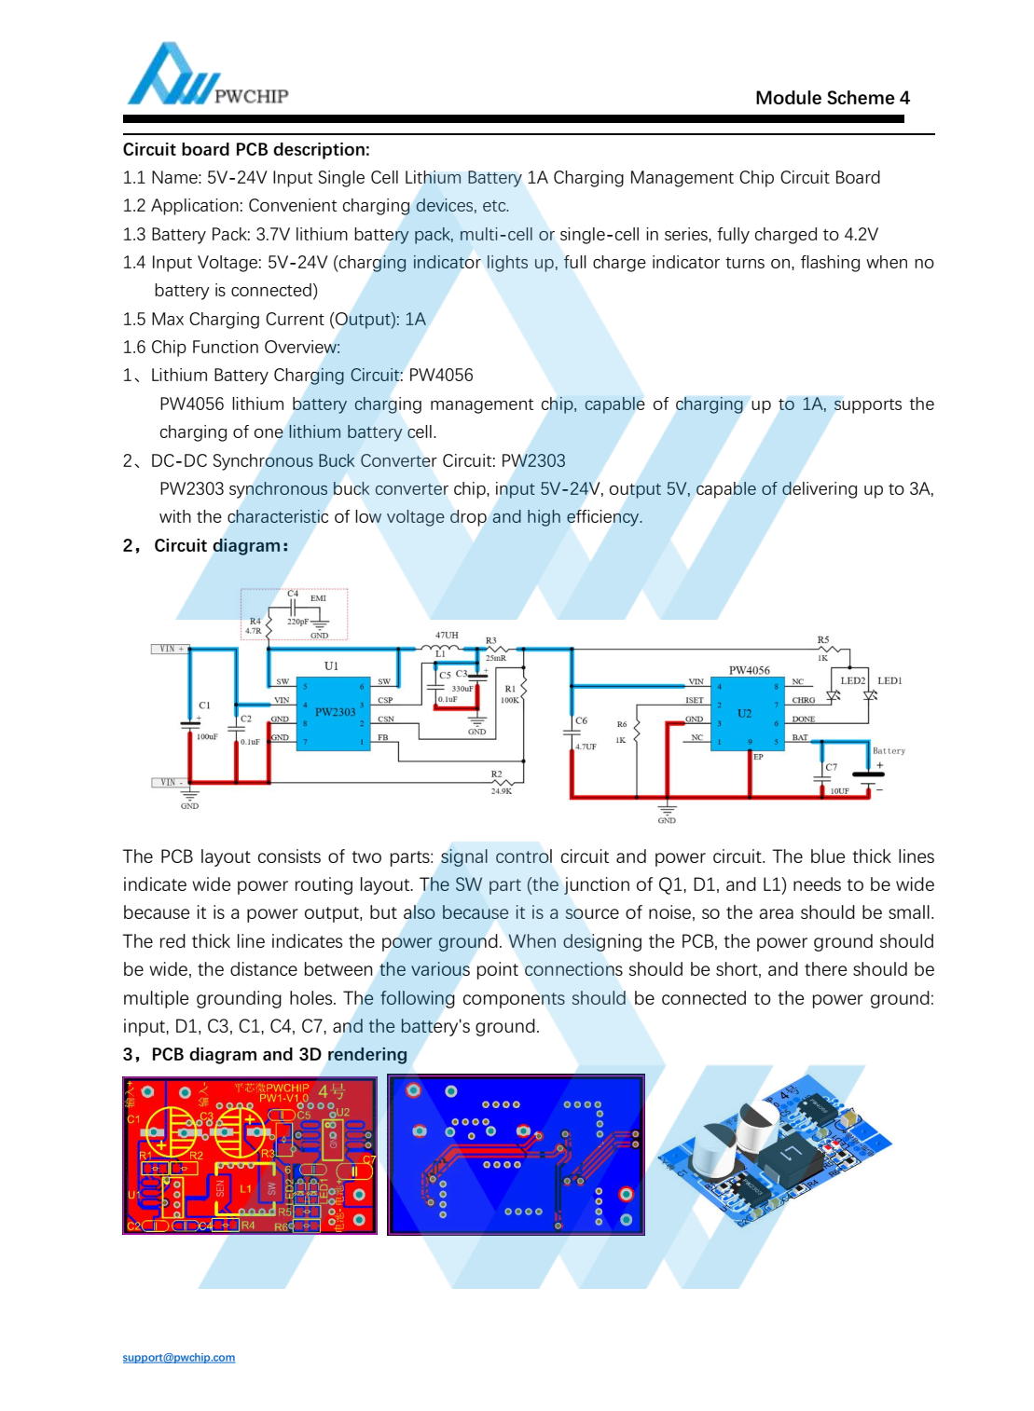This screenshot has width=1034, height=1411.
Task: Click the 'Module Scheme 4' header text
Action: [832, 98]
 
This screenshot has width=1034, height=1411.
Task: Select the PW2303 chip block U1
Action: [334, 711]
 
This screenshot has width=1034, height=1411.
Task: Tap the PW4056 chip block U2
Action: [745, 713]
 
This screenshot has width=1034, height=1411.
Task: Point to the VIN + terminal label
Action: [171, 649]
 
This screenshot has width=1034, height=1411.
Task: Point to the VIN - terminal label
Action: [170, 782]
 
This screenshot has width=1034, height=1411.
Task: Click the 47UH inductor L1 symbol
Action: [445, 648]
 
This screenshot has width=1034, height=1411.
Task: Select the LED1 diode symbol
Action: [870, 695]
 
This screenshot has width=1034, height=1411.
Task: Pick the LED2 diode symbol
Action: [834, 695]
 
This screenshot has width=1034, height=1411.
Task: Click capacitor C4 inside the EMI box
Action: [294, 607]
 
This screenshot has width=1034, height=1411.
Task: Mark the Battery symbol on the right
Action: [869, 774]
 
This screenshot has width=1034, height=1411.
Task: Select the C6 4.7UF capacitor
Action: [572, 733]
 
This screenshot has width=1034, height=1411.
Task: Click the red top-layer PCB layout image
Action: [250, 1155]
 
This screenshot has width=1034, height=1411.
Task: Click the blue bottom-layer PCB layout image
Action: [516, 1155]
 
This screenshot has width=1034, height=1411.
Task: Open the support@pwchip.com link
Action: [178, 1357]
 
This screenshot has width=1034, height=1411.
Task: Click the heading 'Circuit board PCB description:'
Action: [246, 149]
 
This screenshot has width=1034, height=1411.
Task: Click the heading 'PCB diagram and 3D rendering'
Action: [279, 1054]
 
